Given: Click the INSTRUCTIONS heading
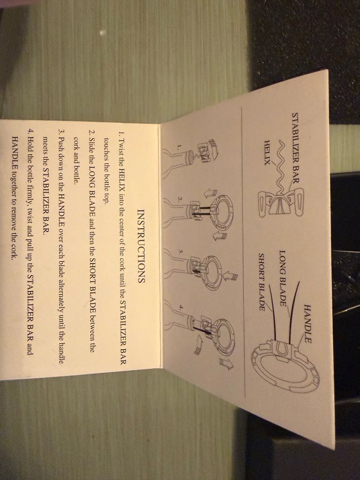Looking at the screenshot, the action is (x=141, y=246).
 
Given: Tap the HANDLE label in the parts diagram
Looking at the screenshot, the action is (x=308, y=324).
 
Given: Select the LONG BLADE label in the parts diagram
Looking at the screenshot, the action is (x=283, y=278).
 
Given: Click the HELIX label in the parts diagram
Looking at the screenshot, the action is (x=268, y=153).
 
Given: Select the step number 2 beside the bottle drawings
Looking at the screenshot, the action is (x=179, y=199).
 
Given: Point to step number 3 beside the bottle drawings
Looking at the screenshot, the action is (x=180, y=251).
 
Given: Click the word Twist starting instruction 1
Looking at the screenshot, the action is (x=122, y=146).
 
